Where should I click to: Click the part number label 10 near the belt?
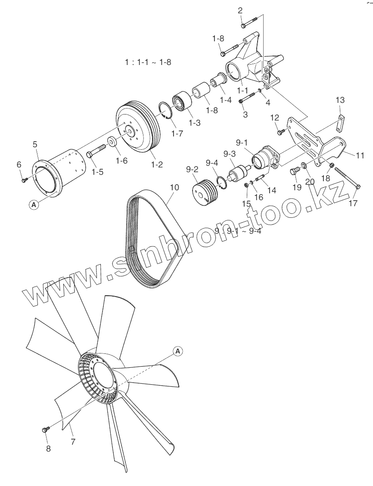174,188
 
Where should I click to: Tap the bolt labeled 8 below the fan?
45,429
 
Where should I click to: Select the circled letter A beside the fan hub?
178,351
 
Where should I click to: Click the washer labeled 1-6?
112,141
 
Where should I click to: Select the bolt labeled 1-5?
97,151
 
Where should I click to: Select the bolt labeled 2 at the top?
249,22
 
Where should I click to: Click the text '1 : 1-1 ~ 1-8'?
148,62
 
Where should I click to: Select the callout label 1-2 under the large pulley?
156,164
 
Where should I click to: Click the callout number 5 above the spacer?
35,145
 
